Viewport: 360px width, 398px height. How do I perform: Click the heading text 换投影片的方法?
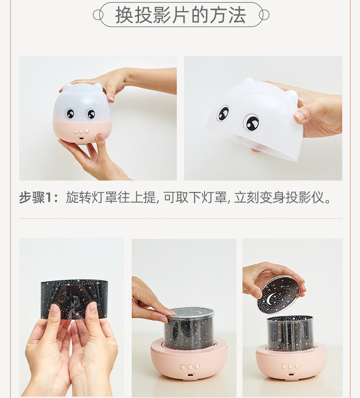180,15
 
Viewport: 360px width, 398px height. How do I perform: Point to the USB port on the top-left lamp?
82,139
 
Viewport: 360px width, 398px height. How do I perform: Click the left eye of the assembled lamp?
70,114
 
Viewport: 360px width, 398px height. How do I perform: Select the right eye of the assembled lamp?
90,114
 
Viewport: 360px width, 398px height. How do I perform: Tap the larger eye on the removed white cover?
251,122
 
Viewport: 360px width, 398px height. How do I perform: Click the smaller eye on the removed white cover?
222,113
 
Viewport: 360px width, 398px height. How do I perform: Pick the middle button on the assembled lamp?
82,131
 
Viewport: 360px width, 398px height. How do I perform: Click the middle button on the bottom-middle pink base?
190,367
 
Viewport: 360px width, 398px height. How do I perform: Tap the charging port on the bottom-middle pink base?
190,375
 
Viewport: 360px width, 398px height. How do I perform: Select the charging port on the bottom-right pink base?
291,374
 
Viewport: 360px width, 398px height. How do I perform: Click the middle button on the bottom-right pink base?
291,366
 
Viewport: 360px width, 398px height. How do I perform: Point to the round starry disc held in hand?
278,295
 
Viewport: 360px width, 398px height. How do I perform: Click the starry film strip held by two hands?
74,300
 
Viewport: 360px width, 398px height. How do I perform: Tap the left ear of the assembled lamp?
67,86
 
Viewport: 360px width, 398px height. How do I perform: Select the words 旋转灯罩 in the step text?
92,197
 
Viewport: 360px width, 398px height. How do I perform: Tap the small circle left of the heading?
98,15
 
